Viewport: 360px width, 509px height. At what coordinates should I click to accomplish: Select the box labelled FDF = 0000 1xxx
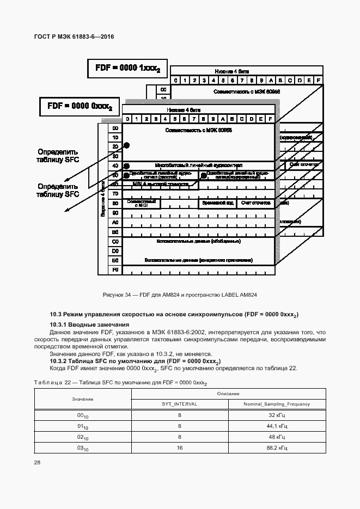tap(127, 69)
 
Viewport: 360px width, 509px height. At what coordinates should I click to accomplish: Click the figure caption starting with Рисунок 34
tap(180, 295)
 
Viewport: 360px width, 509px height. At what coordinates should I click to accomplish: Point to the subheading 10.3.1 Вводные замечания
tap(89, 325)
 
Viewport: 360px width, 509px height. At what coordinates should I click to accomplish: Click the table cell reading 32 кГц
tap(277, 415)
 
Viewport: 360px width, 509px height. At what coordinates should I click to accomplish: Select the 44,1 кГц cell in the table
tap(277, 426)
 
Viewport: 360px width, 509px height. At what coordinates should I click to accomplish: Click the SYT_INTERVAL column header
tap(179, 404)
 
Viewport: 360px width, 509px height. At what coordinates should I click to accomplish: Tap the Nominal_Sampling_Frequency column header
tap(277, 404)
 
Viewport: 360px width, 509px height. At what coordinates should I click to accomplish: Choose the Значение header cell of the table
tap(82, 399)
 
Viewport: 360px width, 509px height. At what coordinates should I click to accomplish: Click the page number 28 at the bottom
tap(38, 462)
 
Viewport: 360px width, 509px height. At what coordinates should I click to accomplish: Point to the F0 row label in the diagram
tap(115, 270)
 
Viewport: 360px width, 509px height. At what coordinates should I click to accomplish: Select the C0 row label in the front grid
tap(115, 241)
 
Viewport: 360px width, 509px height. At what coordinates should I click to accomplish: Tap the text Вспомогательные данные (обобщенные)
tap(198, 241)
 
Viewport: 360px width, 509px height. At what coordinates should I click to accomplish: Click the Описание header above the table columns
tap(228, 393)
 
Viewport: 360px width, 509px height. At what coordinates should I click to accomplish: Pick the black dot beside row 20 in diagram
tap(126, 145)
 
